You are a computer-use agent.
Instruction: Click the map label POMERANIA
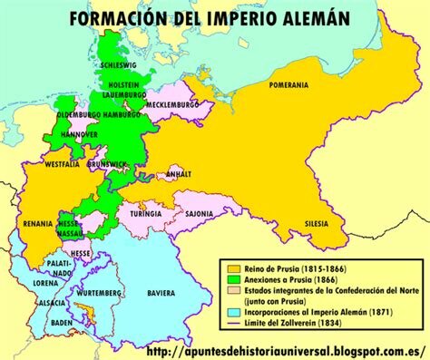288,85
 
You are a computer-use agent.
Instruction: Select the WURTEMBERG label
97,294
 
